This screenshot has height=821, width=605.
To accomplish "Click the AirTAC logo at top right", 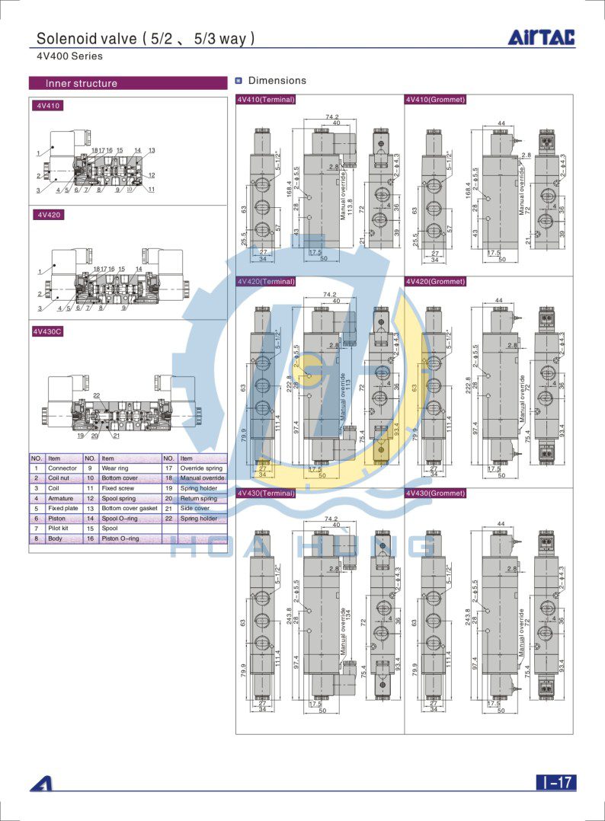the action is click(542, 37).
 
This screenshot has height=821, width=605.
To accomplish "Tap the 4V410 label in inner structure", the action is click(47, 106).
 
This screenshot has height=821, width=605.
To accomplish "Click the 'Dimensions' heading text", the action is click(277, 81).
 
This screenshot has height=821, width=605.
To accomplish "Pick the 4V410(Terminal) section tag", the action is click(265, 99).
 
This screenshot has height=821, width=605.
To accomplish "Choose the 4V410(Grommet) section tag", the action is click(435, 99).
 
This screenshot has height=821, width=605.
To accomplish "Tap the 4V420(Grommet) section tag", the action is click(435, 281).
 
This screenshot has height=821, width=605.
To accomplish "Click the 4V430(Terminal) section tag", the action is click(265, 493).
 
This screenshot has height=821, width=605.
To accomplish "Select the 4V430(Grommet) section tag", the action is click(435, 493).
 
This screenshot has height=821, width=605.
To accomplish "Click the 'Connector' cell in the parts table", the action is click(62, 468).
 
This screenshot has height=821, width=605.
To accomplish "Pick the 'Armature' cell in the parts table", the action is click(60, 498).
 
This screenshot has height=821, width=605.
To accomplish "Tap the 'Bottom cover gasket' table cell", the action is click(129, 508).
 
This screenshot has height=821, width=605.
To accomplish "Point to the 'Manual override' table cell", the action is click(202, 478).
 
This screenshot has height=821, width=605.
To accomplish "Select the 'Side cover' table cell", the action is click(194, 508).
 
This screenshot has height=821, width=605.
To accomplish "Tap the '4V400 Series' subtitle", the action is click(69, 56).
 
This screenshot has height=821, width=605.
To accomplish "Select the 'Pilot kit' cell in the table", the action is click(59, 528).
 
